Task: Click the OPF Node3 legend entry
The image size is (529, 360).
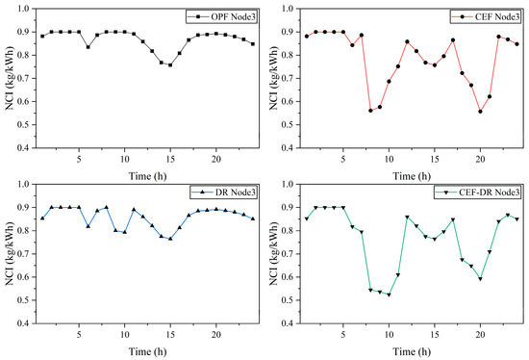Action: click(221, 17)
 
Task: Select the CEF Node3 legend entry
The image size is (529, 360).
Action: click(486, 17)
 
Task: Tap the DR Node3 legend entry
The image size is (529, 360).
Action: click(224, 193)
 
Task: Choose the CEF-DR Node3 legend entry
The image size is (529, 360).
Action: click(478, 193)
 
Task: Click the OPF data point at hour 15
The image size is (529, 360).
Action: click(170, 64)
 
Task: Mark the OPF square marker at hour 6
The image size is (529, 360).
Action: click(88, 47)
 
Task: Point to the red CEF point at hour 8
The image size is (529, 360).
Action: click(370, 111)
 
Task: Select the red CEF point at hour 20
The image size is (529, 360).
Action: click(480, 112)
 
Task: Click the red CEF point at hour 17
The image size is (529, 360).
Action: click(453, 40)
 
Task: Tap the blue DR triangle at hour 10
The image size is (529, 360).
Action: click(124, 232)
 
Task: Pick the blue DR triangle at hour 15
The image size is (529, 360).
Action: click(170, 239)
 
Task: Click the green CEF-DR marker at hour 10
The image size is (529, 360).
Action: click(389, 295)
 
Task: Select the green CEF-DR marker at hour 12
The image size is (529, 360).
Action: click(407, 218)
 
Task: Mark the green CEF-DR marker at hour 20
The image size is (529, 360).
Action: click(480, 279)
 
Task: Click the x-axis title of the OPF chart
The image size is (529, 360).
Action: click(147, 176)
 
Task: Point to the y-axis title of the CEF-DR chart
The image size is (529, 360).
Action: click(273, 253)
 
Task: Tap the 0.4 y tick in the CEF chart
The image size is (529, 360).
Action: click(290, 148)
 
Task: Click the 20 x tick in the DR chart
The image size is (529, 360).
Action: click(215, 335)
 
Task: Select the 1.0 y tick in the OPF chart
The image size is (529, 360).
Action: click(25, 8)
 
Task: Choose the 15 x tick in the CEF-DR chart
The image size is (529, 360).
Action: click(435, 335)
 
